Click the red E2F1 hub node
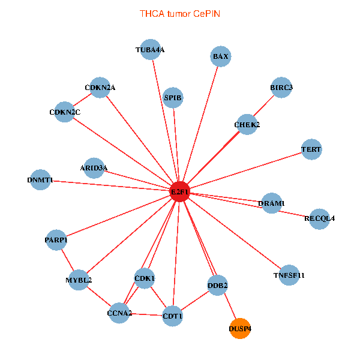(x=180, y=191)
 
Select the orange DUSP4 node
(x=240, y=328)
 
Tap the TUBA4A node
(x=149, y=50)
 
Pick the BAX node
(x=221, y=56)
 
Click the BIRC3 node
(x=281, y=88)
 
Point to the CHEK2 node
(x=247, y=124)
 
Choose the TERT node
(x=311, y=149)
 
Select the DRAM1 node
(x=272, y=203)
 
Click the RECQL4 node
(x=319, y=218)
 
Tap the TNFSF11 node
(x=289, y=275)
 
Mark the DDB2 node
(x=217, y=286)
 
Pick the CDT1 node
(x=173, y=316)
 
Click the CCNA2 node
(x=119, y=313)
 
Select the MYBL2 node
(x=79, y=280)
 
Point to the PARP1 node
(x=56, y=240)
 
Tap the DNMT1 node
(x=40, y=179)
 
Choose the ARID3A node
(x=94, y=167)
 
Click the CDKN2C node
(x=65, y=112)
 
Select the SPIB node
(x=173, y=97)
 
